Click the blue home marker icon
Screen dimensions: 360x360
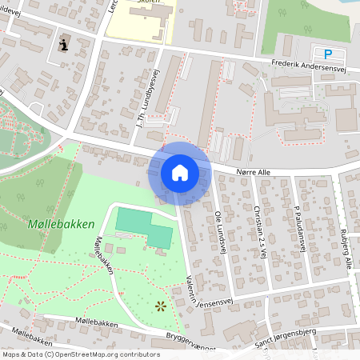(x=180, y=172)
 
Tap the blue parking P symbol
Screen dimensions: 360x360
(x=327, y=54)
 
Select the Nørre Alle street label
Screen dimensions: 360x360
(x=254, y=171)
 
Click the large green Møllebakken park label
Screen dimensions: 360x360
(x=59, y=224)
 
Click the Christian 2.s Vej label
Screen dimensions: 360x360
(x=261, y=228)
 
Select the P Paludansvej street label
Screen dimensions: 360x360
(x=300, y=228)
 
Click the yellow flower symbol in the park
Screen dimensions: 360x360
(x=161, y=305)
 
